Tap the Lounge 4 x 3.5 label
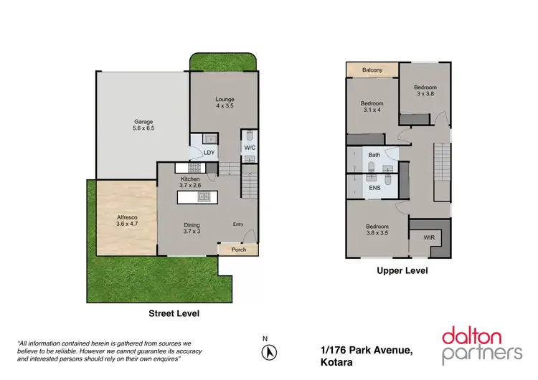pos(225,103)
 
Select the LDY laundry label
pos(209,153)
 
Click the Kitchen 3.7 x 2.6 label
pos(190,182)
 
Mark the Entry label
pos(238,224)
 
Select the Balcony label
pos(372,70)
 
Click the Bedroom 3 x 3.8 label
pos(425,90)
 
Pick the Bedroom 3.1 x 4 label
pos(372,107)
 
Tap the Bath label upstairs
pos(374,155)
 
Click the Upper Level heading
pos(402,271)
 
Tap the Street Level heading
pos(174,313)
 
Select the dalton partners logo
pos(481,343)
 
